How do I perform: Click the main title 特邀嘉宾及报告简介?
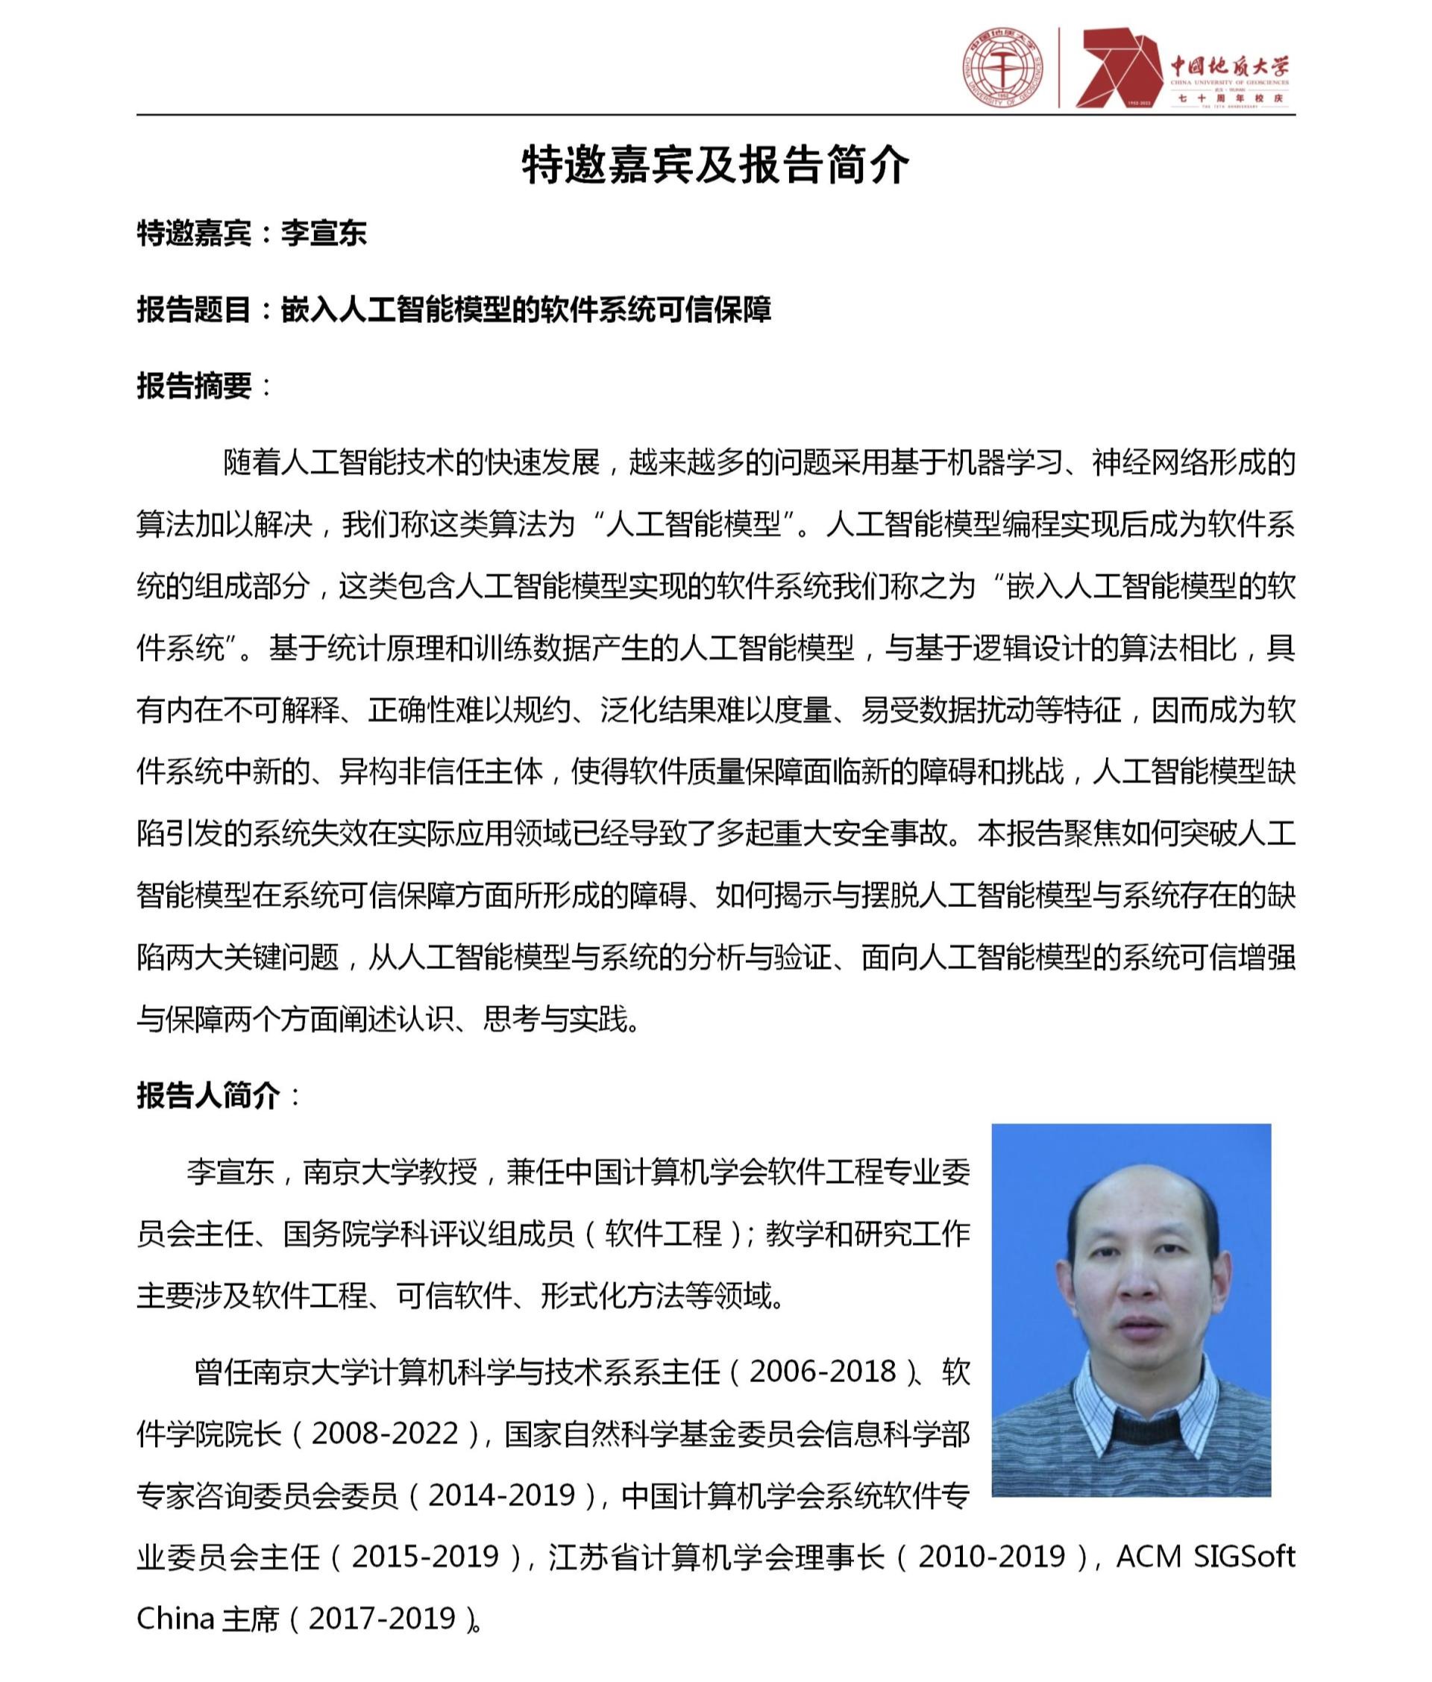pyautogui.click(x=715, y=166)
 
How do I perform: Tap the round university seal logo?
pyautogui.click(x=1005, y=67)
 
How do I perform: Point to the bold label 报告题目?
pyautogui.click(x=193, y=310)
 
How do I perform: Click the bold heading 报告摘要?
pyautogui.click(x=193, y=386)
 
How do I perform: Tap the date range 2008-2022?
pyautogui.click(x=385, y=1434)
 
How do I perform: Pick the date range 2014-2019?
pyautogui.click(x=502, y=1495)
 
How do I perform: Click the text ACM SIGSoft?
pyautogui.click(x=1205, y=1556)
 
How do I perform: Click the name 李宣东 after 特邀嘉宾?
pyautogui.click(x=324, y=233)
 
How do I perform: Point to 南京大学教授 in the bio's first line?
pyautogui.click(x=391, y=1173)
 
